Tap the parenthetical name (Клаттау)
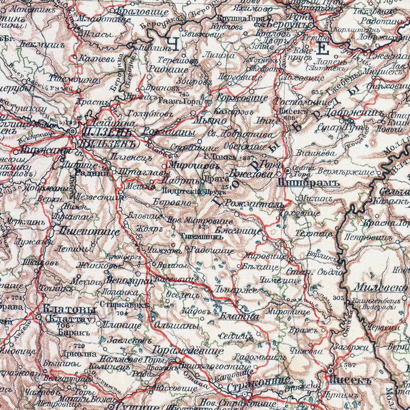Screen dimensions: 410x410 69,319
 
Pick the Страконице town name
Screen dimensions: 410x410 258,388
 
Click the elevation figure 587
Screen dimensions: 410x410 350,365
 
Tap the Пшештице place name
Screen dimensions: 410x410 89,231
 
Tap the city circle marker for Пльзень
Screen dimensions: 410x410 72,131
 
